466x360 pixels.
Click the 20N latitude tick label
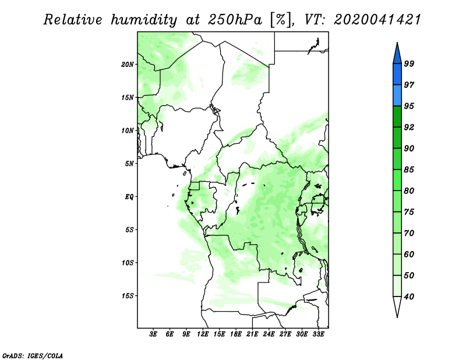coord(128,65)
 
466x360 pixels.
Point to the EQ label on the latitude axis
coord(129,197)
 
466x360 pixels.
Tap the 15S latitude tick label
coord(128,296)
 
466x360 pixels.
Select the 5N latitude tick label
coord(129,164)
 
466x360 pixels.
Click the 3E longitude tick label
coord(153,334)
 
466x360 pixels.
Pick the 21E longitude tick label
coord(252,334)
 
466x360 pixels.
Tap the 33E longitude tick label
coord(318,334)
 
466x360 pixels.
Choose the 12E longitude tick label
coord(203,334)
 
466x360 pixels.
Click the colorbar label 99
coord(409,63)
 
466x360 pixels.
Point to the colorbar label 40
coord(409,297)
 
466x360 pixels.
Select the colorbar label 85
coord(409,170)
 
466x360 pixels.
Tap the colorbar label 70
coord(409,233)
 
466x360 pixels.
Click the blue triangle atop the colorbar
coord(397,55)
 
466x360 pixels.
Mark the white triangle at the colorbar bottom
coord(397,305)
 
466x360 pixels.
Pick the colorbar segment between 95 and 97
coord(397,96)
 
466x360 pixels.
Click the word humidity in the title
coord(144,20)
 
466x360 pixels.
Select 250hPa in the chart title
coord(235,20)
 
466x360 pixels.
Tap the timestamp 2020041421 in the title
coord(377,20)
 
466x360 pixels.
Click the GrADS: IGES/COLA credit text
coord(33,355)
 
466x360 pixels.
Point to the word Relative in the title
coord(73,20)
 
